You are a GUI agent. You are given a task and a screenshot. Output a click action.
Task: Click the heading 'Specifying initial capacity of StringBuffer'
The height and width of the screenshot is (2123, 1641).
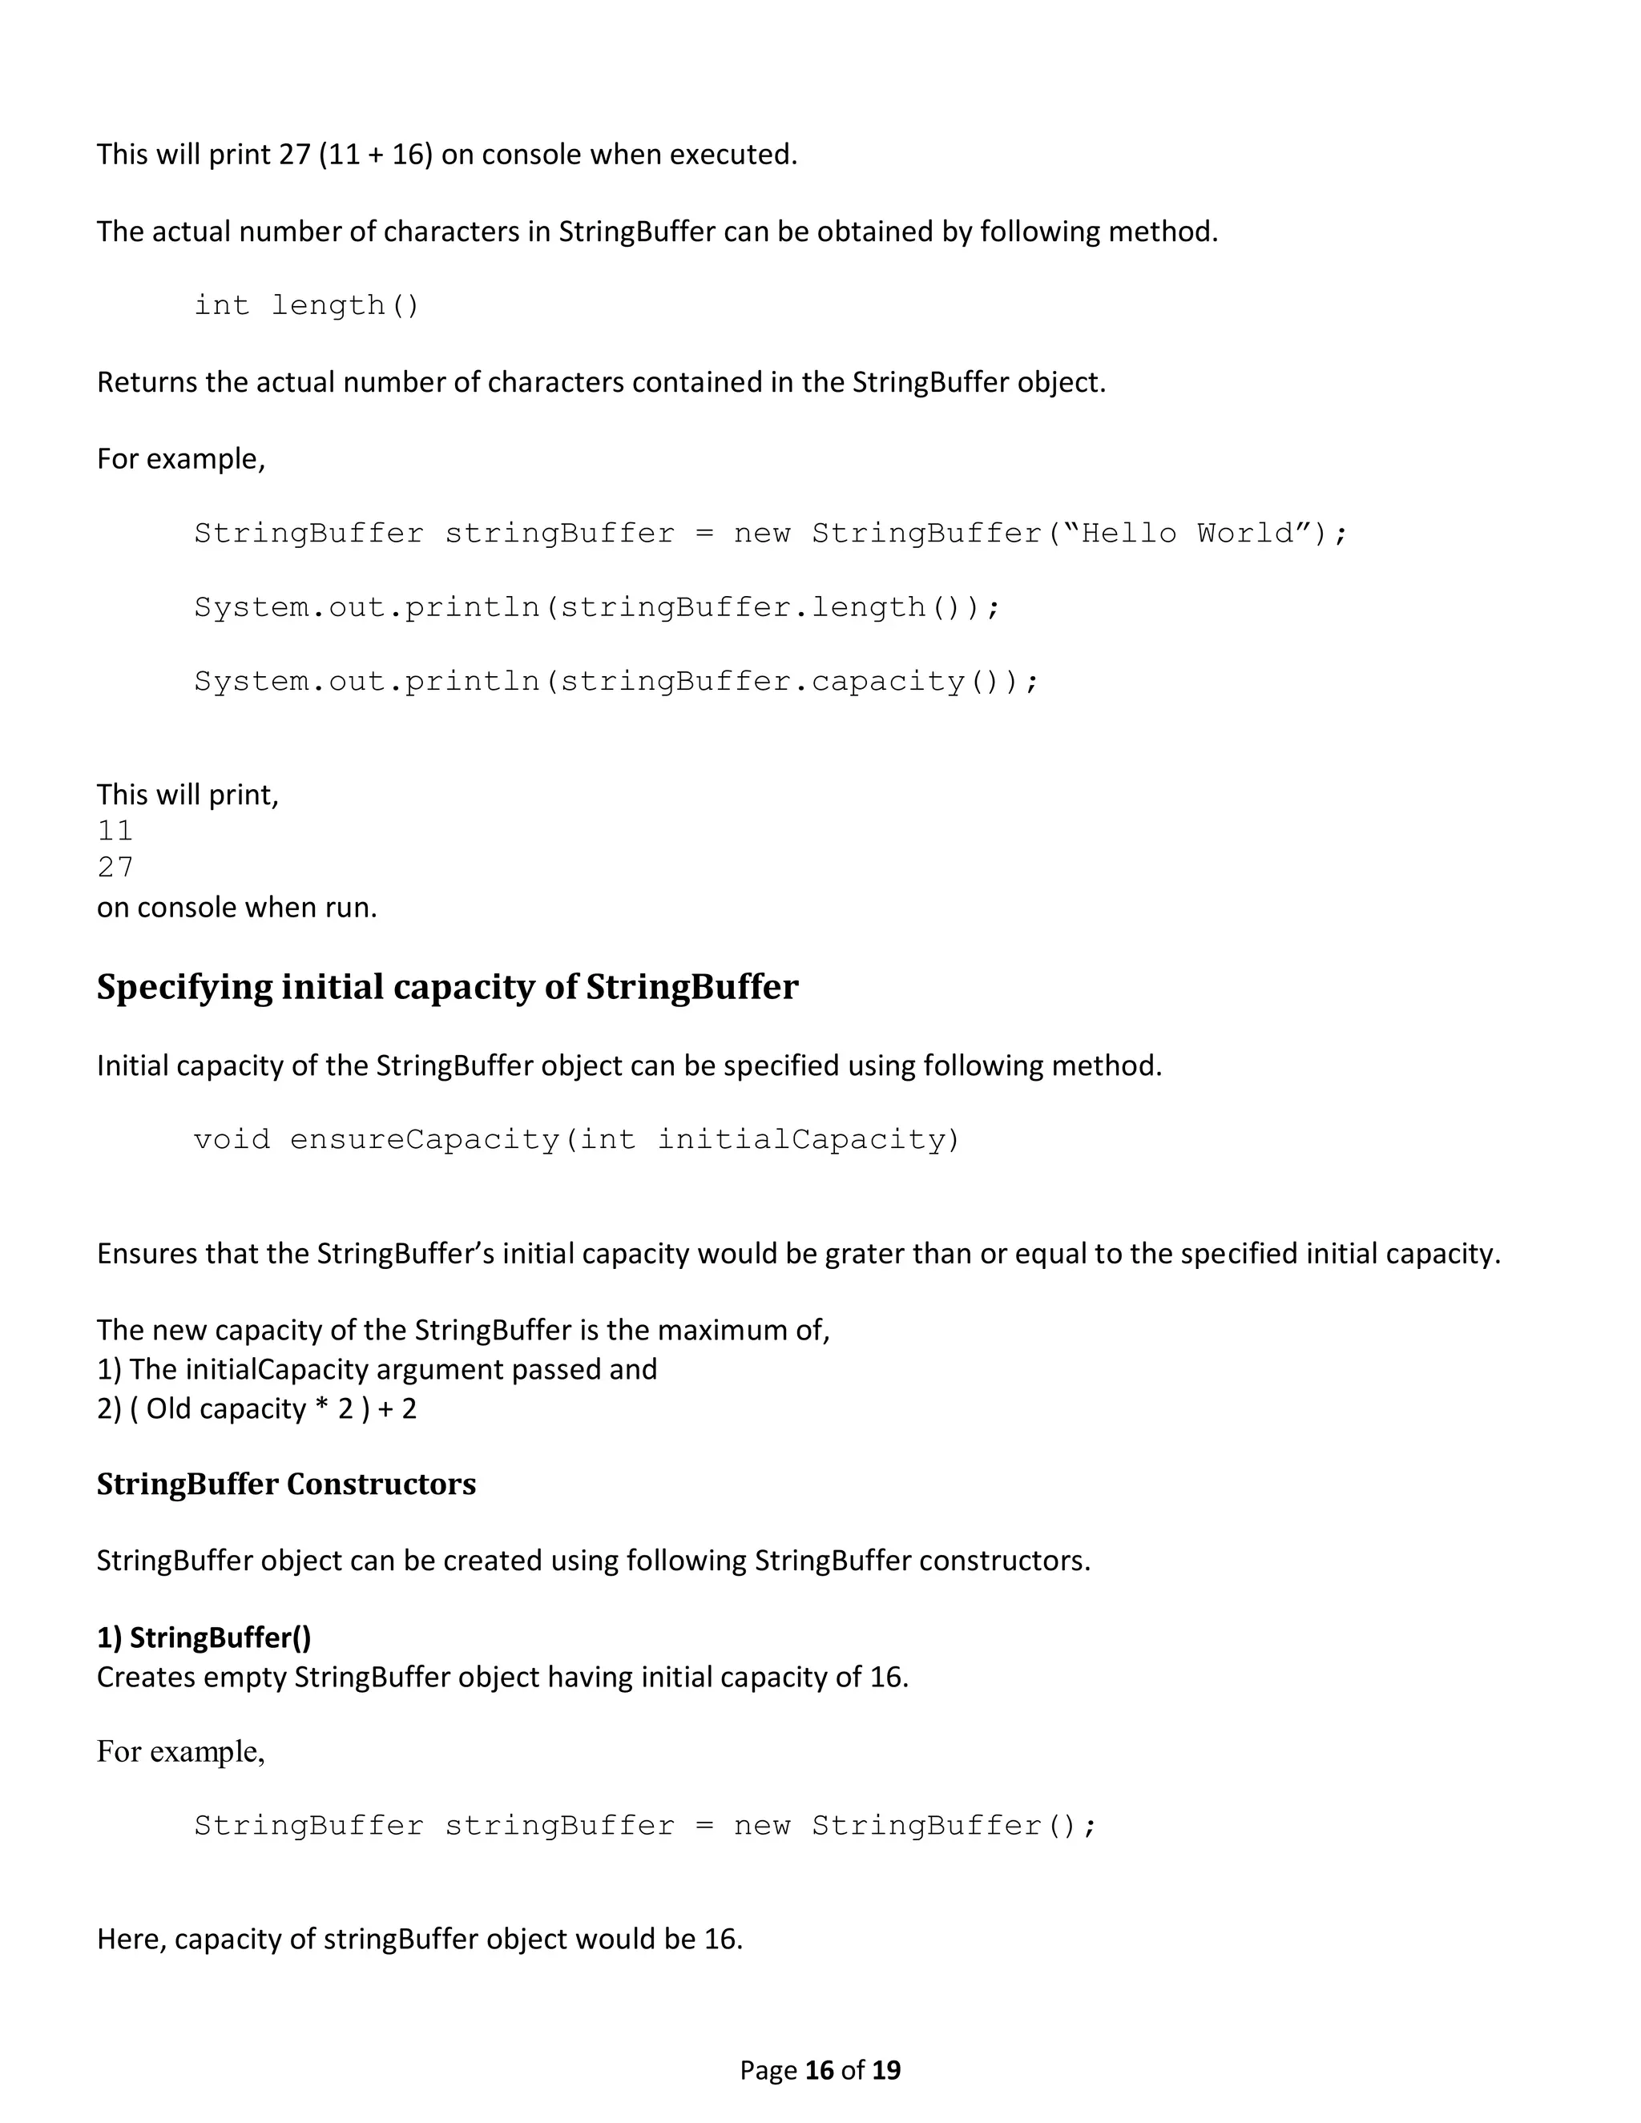pos(447,987)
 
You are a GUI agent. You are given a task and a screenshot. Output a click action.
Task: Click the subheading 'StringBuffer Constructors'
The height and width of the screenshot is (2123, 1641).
pos(286,1484)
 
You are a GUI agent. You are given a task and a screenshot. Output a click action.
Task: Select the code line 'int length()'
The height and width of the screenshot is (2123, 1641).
pos(306,305)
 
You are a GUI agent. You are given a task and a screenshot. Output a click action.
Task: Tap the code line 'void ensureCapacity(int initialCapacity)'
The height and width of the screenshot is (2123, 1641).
pos(576,1138)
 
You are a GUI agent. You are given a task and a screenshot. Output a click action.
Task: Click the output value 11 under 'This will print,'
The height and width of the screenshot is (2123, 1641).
pos(115,830)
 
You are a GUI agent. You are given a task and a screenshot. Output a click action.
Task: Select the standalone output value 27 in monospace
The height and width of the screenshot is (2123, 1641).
pos(115,866)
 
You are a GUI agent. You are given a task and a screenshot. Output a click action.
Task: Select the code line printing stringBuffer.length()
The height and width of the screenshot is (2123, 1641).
pos(597,606)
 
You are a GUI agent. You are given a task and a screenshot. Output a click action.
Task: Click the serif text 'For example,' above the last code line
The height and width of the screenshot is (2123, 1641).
pos(181,1750)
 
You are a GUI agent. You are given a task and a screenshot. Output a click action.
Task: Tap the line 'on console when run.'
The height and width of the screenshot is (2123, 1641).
pos(236,907)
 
